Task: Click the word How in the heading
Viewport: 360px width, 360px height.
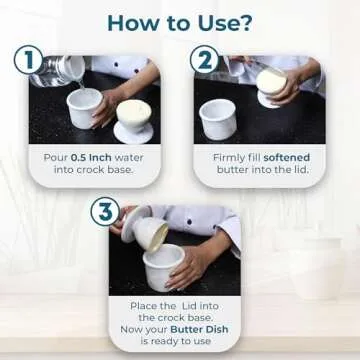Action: (x=134, y=20)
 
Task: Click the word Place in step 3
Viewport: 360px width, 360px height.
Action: (x=147, y=304)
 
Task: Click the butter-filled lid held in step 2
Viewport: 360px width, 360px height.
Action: (x=271, y=84)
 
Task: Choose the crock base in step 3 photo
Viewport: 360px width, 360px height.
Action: (x=162, y=266)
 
